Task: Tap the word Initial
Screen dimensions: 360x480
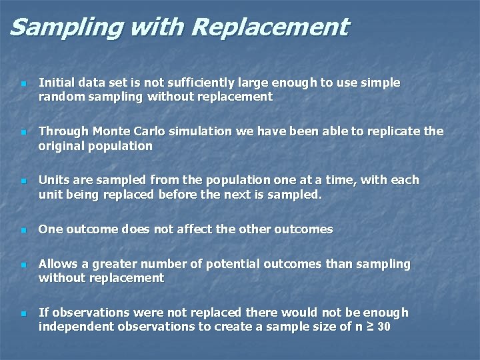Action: (x=57, y=83)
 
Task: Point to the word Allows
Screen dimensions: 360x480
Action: (x=59, y=264)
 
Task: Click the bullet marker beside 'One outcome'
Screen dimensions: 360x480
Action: (x=23, y=230)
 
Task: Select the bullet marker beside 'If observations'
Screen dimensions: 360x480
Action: (x=23, y=313)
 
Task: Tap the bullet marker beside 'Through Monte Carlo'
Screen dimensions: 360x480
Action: (x=23, y=132)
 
